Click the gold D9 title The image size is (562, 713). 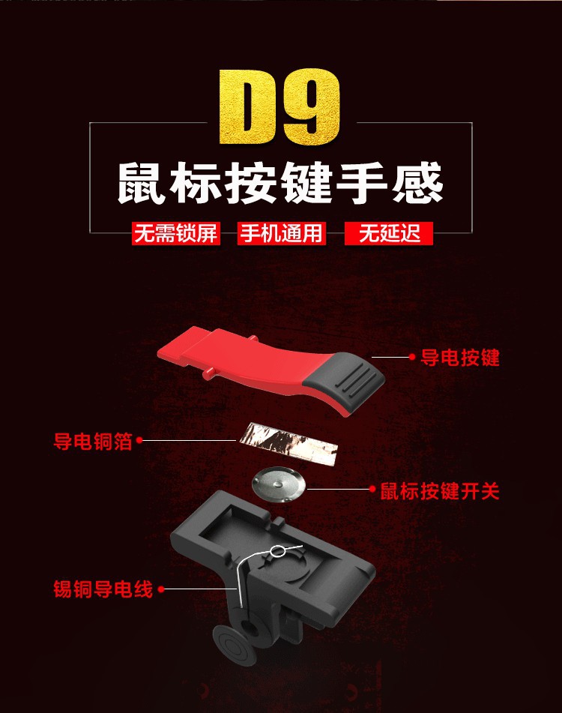click(280, 107)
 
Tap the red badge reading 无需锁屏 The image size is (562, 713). click(176, 234)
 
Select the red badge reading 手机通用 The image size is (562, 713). click(281, 234)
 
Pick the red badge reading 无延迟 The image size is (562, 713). click(389, 234)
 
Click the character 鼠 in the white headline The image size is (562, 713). click(141, 183)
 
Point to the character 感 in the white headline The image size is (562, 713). click(418, 183)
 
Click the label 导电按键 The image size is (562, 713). click(460, 358)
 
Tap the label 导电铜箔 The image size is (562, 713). click(93, 441)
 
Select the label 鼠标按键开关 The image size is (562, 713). click(440, 491)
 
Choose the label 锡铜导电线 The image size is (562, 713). click(103, 589)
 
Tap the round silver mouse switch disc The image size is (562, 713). click(280, 485)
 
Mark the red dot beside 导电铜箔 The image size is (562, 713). click(139, 440)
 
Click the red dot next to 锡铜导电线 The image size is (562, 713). click(161, 589)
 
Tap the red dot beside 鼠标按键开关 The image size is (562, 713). click(372, 490)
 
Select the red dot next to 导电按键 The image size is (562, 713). click(413, 357)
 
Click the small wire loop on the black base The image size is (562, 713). click(277, 551)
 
